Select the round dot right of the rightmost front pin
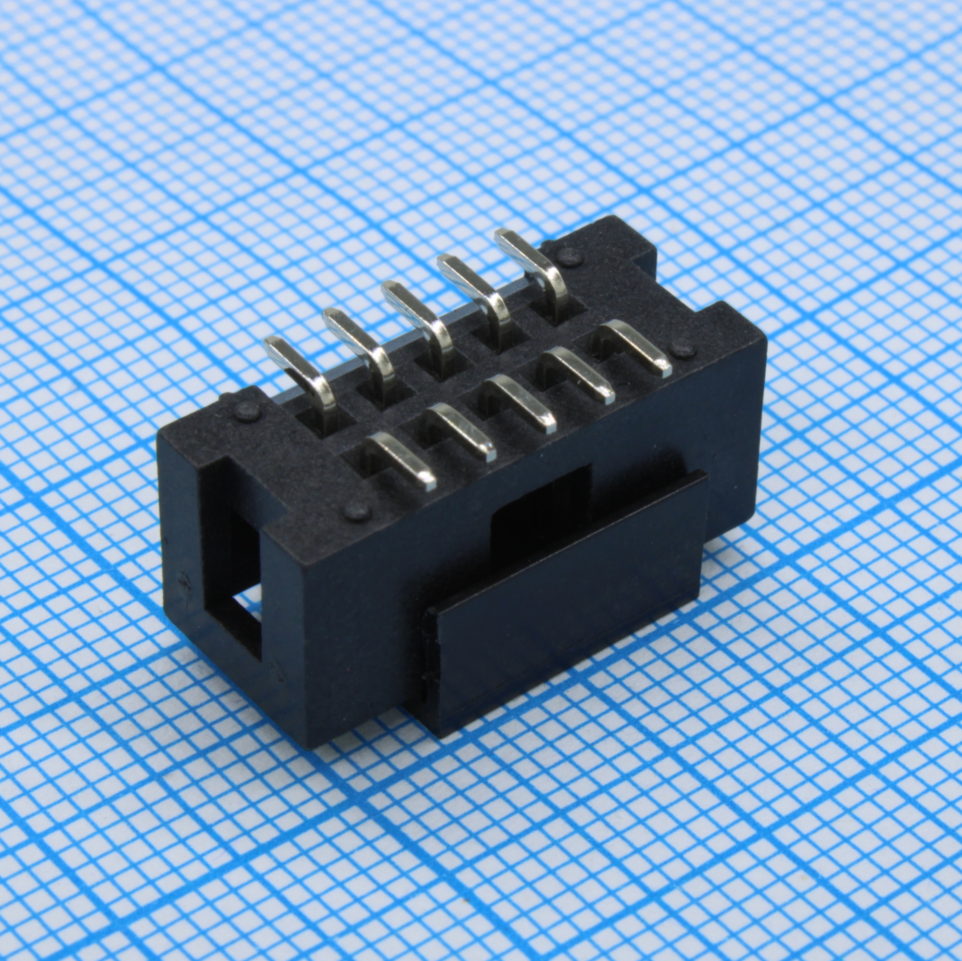684,349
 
